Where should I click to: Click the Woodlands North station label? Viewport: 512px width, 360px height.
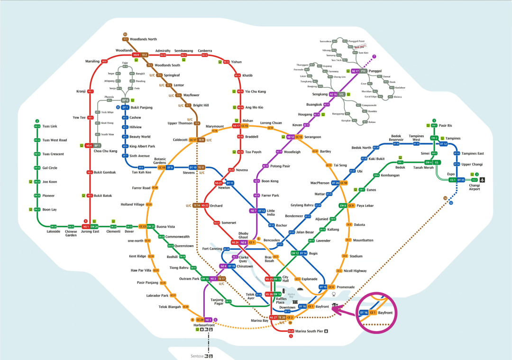[143, 39]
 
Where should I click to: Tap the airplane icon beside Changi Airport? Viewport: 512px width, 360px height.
[483, 180]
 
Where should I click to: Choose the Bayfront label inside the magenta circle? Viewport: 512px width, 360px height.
[385, 313]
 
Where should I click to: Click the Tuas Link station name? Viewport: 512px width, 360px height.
[50, 126]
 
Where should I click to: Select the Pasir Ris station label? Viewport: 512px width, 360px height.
[446, 126]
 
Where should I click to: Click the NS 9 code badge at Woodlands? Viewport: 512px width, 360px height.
[136, 55]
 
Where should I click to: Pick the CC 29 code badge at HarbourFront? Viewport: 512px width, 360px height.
[200, 320]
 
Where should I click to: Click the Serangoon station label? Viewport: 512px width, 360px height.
[312, 137]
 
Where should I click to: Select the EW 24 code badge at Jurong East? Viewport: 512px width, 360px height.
[95, 227]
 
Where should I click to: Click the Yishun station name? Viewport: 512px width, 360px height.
[236, 62]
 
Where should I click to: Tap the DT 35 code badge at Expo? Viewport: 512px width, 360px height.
[461, 180]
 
